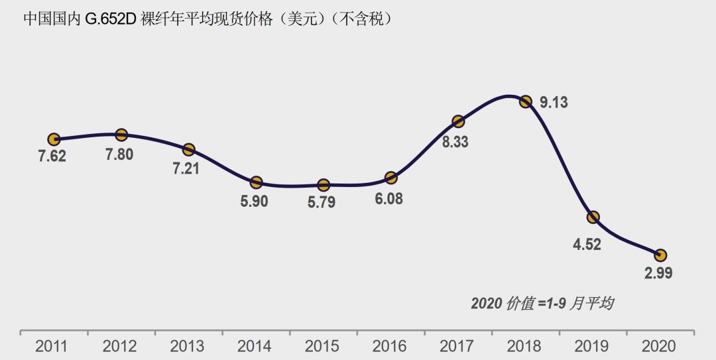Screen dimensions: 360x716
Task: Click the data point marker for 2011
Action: (54, 139)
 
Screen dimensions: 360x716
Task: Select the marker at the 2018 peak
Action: (526, 101)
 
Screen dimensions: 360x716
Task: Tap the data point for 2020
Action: (660, 255)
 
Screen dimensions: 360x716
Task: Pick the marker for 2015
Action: (324, 185)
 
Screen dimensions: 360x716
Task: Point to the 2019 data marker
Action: (593, 217)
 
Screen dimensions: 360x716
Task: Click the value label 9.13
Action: (554, 103)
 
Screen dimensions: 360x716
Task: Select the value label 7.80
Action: (119, 154)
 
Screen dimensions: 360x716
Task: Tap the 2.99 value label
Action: (658, 273)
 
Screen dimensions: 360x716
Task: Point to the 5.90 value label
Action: (254, 202)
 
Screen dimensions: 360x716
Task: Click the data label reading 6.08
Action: (388, 198)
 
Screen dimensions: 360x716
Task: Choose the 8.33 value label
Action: (455, 141)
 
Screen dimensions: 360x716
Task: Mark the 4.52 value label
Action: (587, 244)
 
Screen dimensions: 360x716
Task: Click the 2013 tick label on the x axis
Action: (187, 346)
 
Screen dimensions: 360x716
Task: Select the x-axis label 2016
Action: (389, 346)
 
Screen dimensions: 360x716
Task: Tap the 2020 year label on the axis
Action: (659, 346)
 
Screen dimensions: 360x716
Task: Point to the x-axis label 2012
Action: (119, 346)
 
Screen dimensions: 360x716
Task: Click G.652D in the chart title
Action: (110, 19)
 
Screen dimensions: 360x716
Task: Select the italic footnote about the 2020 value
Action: (542, 304)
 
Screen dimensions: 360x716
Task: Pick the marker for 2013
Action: (189, 149)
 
